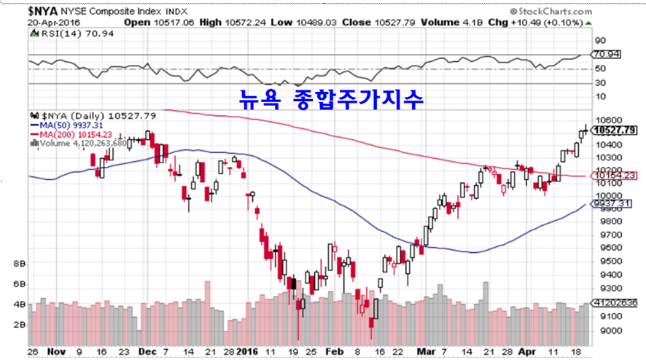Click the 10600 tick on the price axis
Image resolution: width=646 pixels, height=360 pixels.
click(607, 120)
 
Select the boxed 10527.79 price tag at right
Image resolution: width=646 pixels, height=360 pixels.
click(611, 130)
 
